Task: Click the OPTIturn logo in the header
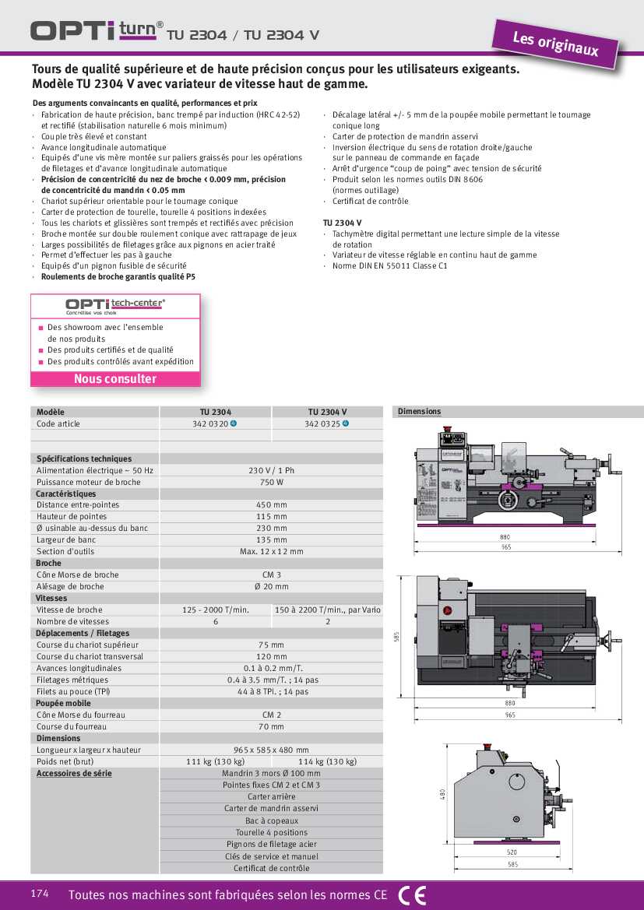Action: coord(97,30)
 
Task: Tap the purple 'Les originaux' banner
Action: coord(555,44)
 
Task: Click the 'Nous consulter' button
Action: coord(115,379)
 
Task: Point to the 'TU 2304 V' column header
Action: coord(327,412)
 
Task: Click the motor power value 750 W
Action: coord(271,482)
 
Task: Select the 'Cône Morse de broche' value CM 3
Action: coord(271,574)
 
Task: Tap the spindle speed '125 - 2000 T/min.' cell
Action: coord(216,610)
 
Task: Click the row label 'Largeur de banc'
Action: coord(66,539)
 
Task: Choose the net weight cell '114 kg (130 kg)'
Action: coord(327,761)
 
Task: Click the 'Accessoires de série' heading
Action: coord(74,773)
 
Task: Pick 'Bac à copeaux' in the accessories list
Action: coord(271,820)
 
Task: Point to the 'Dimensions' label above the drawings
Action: coord(419,412)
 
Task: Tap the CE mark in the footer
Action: coord(412,895)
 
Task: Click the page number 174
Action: coord(40,894)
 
